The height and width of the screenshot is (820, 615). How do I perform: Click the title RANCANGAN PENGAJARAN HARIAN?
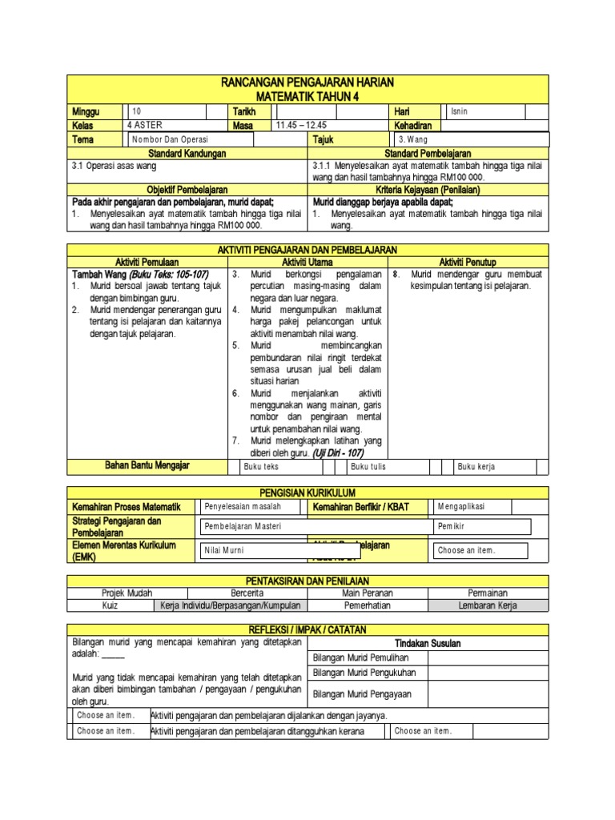pos(308,83)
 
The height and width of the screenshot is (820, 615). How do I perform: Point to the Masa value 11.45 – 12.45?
pos(301,126)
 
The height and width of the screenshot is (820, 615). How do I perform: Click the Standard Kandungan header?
pos(187,153)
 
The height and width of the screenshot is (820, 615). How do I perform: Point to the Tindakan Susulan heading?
pos(428,643)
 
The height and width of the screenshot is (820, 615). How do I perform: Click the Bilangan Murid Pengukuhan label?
pos(364,673)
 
